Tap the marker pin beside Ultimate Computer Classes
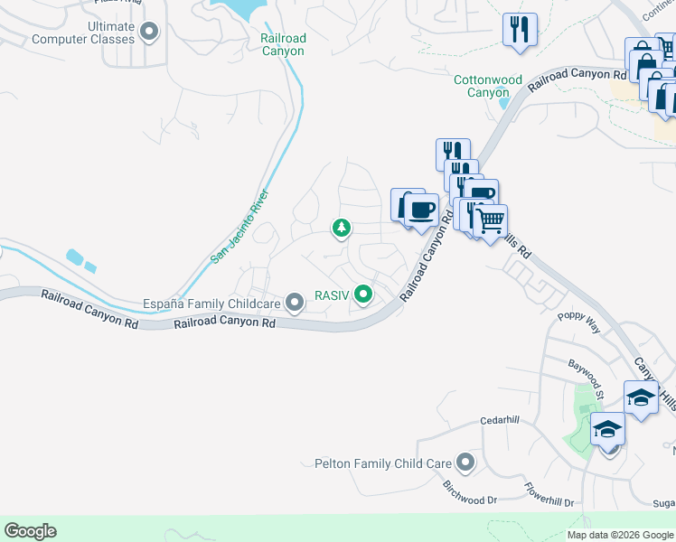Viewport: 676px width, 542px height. (150, 33)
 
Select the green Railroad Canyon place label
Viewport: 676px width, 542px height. (283, 44)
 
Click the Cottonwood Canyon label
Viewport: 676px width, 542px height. (488, 86)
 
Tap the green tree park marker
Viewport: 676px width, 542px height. (342, 229)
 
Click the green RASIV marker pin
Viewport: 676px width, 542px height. (363, 294)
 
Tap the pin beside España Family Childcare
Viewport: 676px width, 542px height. (295, 303)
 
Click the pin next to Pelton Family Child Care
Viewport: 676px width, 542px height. (465, 463)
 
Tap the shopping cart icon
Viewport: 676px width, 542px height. (490, 220)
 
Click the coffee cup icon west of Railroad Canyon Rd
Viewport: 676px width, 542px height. (419, 210)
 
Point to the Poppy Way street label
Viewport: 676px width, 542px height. (578, 322)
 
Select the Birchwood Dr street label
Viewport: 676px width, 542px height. (470, 492)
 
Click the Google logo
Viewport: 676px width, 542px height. (30, 531)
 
